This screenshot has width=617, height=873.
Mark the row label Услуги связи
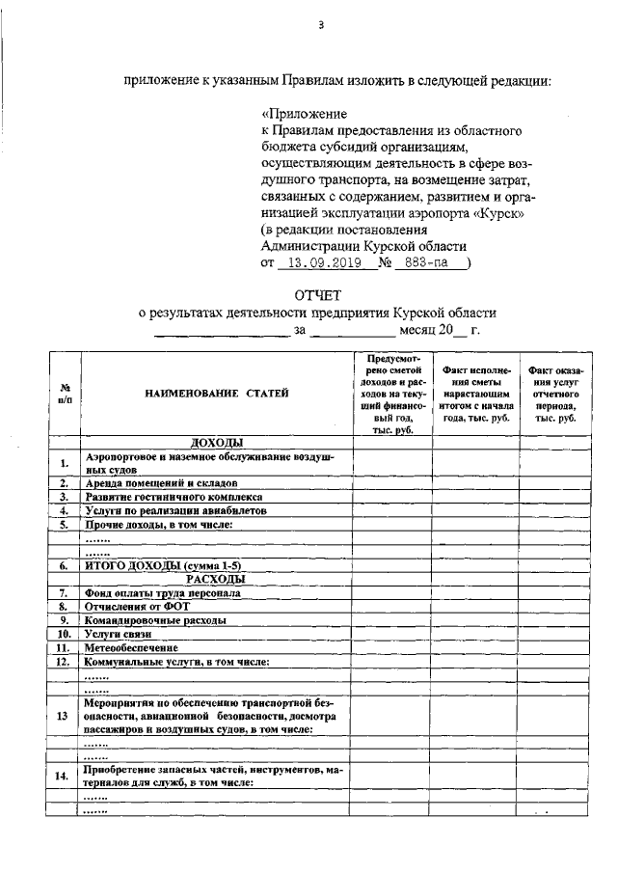pyautogui.click(x=120, y=634)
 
